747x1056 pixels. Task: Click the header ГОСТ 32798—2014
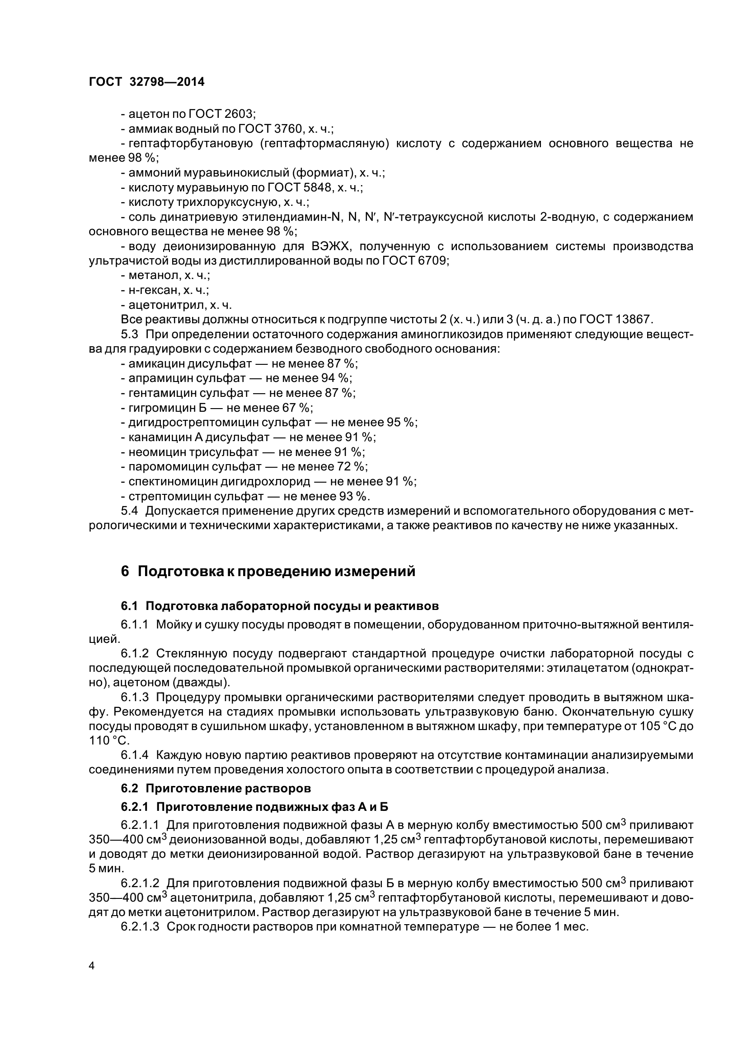point(146,82)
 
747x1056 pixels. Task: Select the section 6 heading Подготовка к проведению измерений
point(268,571)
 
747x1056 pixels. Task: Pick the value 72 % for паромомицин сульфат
point(352,466)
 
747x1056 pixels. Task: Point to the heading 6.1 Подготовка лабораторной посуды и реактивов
point(279,606)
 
